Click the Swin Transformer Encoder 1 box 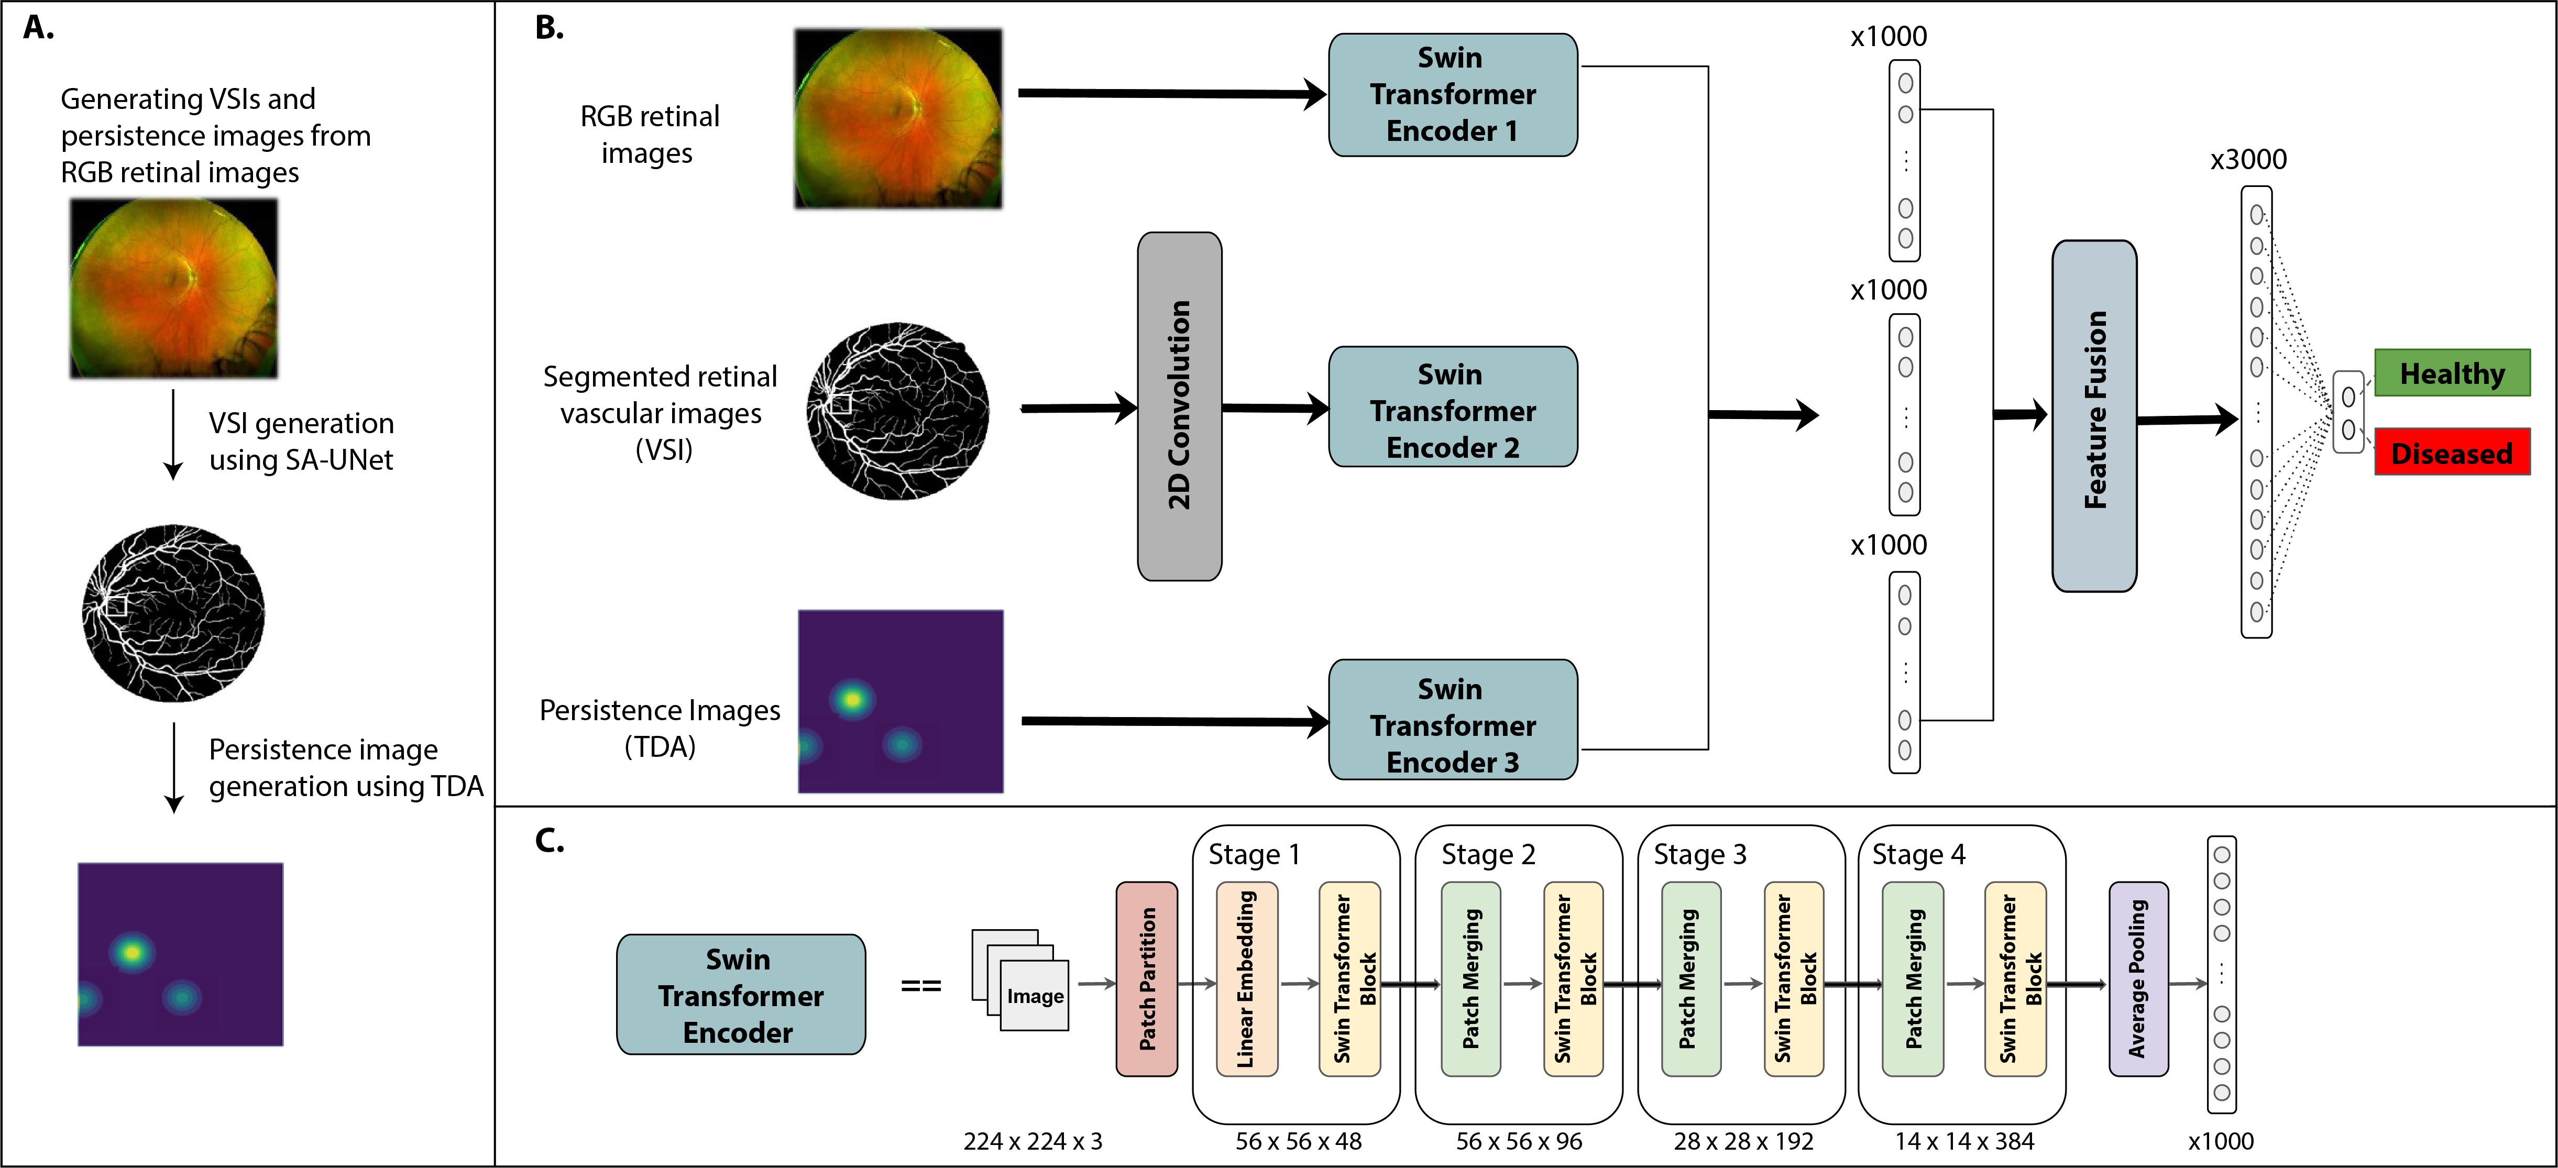(x=1453, y=94)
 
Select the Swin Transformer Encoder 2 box (x=1453, y=406)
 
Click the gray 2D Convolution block (x=1180, y=406)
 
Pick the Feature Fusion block (x=2094, y=415)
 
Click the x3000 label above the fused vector (x=2248, y=159)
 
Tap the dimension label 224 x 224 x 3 (x=1033, y=1141)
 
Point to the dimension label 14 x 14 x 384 (x=1964, y=1141)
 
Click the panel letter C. (x=549, y=840)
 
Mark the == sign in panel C (x=920, y=986)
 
